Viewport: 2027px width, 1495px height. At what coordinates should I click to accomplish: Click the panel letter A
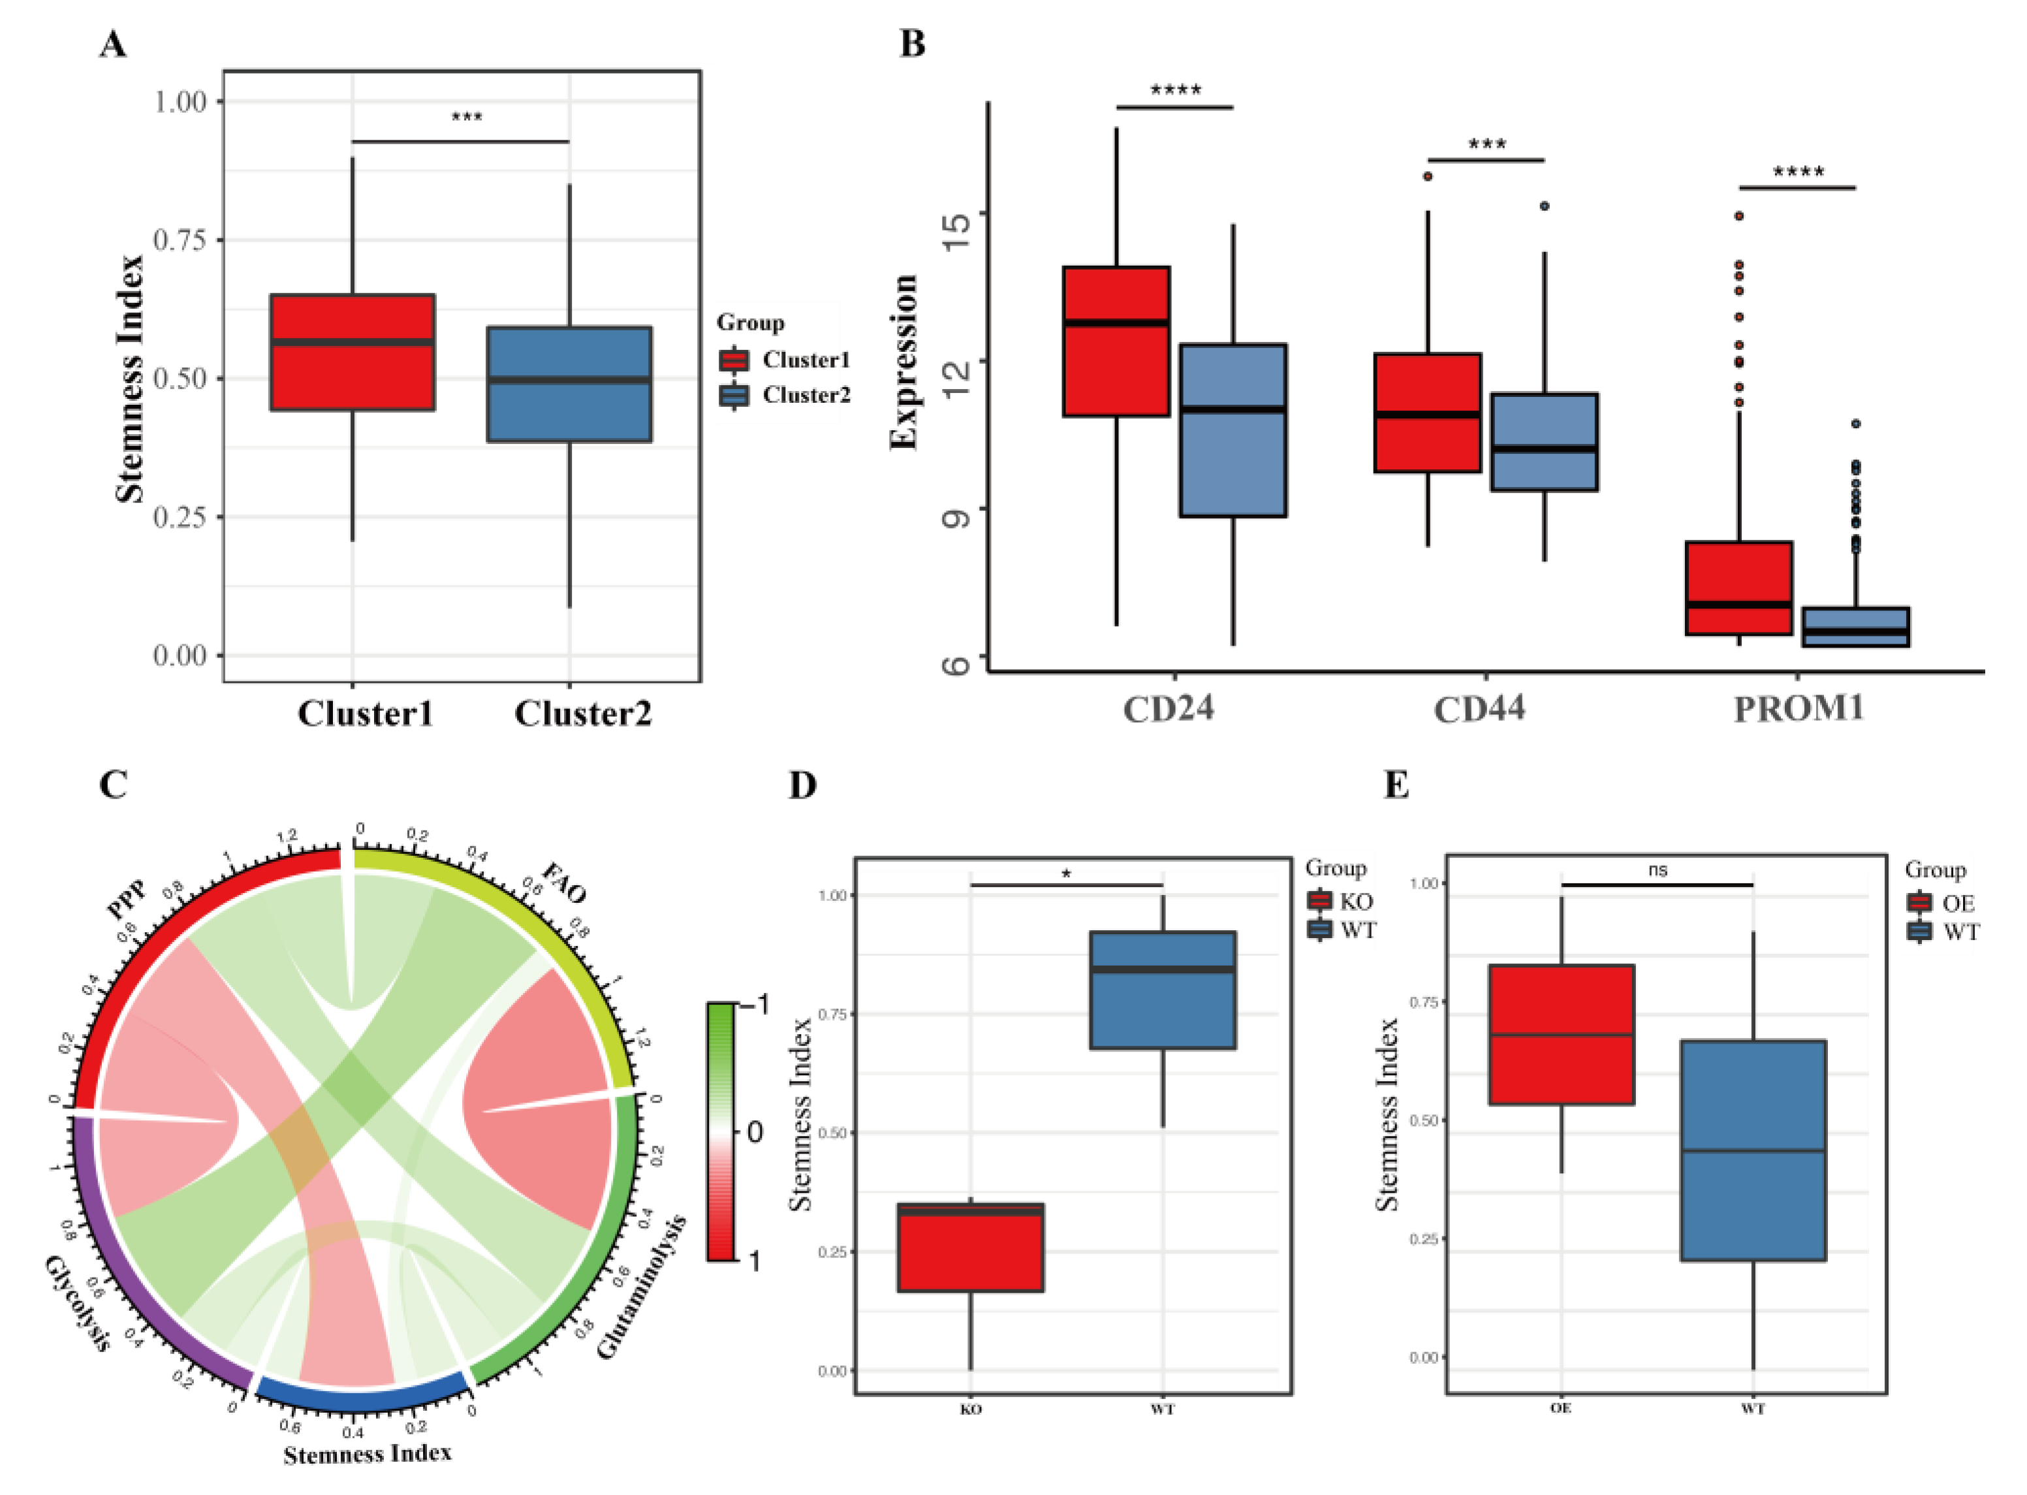click(x=112, y=44)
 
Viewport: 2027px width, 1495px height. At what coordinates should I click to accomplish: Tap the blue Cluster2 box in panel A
click(x=569, y=384)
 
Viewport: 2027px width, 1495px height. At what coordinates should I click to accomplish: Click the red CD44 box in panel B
click(x=1427, y=413)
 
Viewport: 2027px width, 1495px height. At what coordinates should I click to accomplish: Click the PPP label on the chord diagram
click(x=127, y=898)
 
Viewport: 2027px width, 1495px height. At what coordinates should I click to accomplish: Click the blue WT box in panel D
click(x=1163, y=990)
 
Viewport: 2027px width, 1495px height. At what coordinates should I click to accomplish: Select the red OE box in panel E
click(x=1561, y=1034)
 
